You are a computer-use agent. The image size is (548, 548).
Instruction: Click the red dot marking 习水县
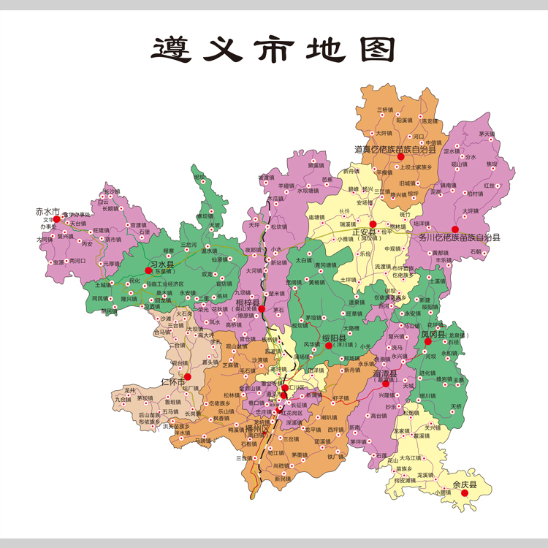[148, 270]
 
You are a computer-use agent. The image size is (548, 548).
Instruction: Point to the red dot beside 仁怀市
[187, 377]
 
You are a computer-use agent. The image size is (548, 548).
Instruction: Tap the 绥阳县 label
[346, 338]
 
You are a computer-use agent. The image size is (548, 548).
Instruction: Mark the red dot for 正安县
[373, 224]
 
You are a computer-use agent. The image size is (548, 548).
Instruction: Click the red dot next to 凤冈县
[428, 341]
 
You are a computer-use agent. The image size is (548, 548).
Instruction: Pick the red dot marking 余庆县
[465, 493]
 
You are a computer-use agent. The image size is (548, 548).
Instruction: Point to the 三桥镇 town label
[385, 110]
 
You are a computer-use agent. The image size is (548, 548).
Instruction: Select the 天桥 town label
[456, 406]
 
